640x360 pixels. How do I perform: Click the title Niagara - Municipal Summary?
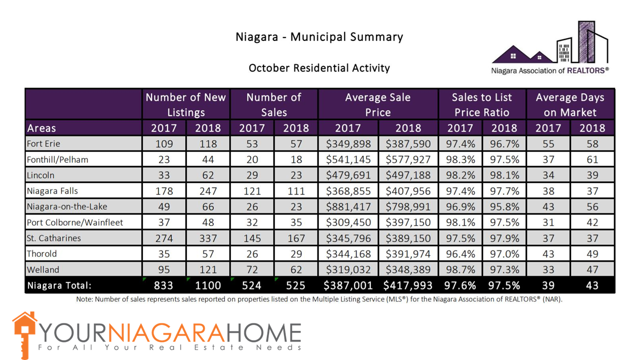click(x=319, y=37)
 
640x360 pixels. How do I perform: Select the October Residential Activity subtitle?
click(x=319, y=68)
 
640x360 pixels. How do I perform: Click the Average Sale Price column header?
click(x=377, y=104)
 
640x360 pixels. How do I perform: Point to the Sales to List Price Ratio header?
click(x=482, y=104)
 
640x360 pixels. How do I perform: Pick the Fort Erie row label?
click(x=44, y=144)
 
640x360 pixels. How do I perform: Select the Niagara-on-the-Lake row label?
click(x=67, y=206)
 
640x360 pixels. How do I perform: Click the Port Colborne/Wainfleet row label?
click(x=75, y=222)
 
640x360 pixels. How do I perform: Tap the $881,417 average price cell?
click(x=348, y=206)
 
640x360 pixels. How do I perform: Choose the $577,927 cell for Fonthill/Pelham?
click(x=408, y=160)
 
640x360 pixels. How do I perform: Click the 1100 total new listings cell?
click(x=208, y=285)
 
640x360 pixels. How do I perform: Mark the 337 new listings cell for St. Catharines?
click(x=208, y=238)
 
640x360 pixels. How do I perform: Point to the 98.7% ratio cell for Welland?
click(x=460, y=269)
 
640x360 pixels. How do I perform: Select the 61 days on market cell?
click(x=592, y=160)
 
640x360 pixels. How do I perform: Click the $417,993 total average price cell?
click(x=408, y=285)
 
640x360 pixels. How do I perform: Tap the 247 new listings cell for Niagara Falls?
click(x=208, y=191)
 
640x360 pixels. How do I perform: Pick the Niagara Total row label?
click(x=59, y=285)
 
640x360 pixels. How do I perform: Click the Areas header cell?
click(x=42, y=128)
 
